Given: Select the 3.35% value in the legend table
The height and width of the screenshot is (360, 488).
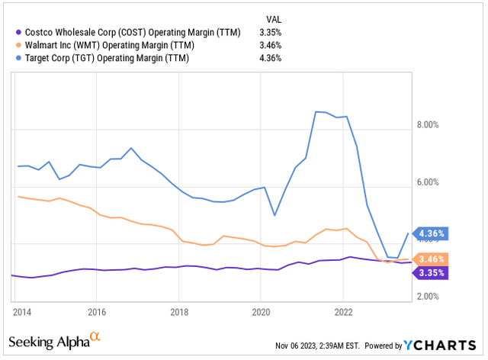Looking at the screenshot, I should click(x=269, y=32).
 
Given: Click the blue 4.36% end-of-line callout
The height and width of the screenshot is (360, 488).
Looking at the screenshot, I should click(x=430, y=233).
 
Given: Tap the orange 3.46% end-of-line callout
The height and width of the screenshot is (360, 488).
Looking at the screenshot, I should click(x=430, y=259).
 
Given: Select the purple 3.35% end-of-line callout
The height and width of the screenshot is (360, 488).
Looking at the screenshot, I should click(x=430, y=272).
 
